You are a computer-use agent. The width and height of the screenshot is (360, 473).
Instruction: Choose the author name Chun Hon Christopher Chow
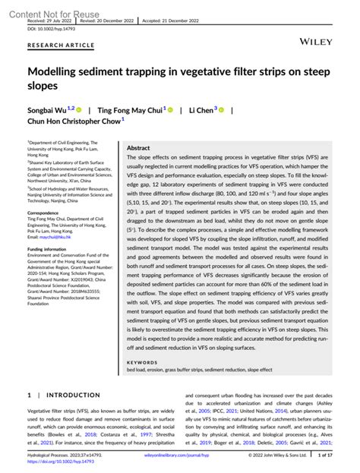[x=73, y=120]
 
